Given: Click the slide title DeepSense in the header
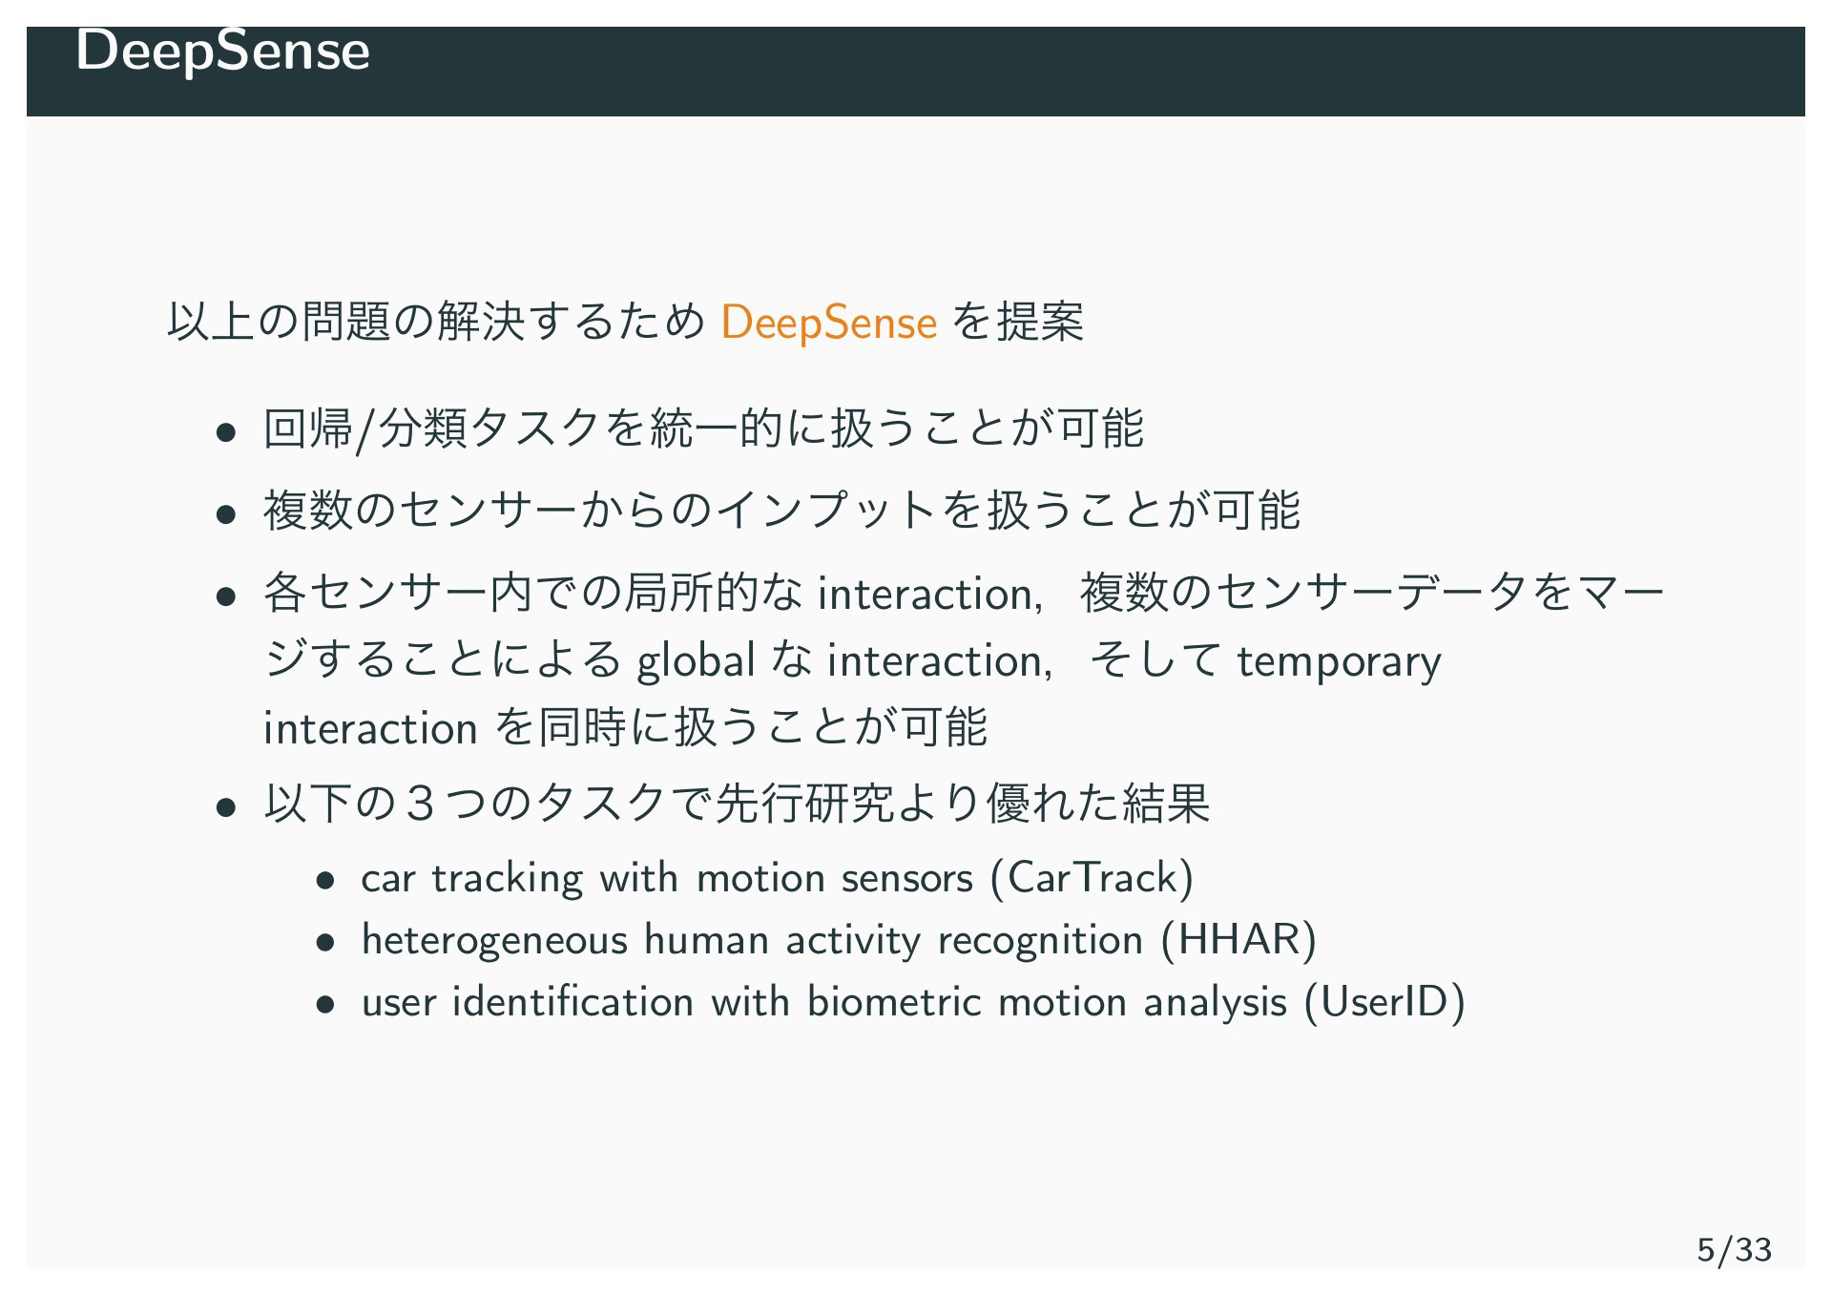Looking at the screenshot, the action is pyautogui.click(x=222, y=51).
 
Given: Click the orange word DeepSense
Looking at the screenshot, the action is pyautogui.click(x=828, y=323).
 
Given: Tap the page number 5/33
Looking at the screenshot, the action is pyautogui.click(x=1734, y=1249).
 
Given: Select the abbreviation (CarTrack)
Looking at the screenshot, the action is pyautogui.click(x=1093, y=878).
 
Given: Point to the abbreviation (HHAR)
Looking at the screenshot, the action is pyautogui.click(x=1239, y=940).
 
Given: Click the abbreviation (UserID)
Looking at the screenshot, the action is pyautogui.click(x=1384, y=1002).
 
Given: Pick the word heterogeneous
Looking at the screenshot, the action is pyautogui.click(x=494, y=941).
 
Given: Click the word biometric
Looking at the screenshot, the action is pyautogui.click(x=894, y=1002).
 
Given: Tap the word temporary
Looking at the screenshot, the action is pyautogui.click(x=1339, y=662).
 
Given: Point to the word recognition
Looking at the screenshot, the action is pyautogui.click(x=1040, y=941).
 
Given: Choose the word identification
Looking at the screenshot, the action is pyautogui.click(x=572, y=1002).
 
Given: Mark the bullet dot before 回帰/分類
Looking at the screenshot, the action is pyautogui.click(x=226, y=431).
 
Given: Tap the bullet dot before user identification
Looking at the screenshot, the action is pyautogui.click(x=325, y=1005).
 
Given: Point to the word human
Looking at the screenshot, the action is pyautogui.click(x=706, y=941).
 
